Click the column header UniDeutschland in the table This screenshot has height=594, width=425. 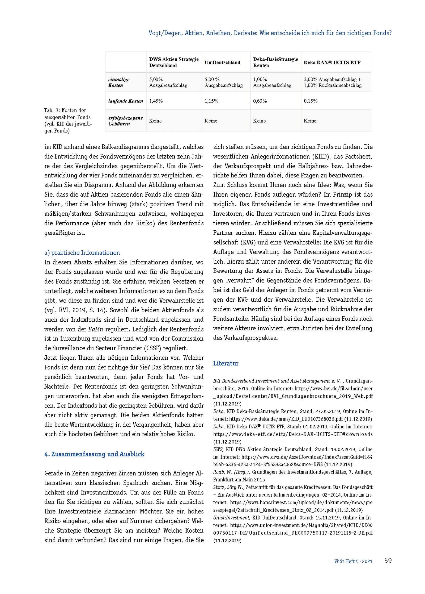click(x=222, y=63)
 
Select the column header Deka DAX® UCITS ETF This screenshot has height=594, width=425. click(x=332, y=63)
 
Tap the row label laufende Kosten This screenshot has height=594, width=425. click(x=125, y=101)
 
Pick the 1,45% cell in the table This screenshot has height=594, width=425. click(x=156, y=101)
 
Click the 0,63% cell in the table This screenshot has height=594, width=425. click(x=260, y=101)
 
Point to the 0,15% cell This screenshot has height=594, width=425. click(x=311, y=101)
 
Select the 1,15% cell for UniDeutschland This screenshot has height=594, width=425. click(x=211, y=101)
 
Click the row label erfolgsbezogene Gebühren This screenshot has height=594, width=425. click(x=125, y=121)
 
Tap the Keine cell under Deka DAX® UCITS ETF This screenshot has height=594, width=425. click(x=310, y=121)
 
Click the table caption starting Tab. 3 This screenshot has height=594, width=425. click(x=68, y=120)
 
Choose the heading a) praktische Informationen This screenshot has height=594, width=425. click(x=82, y=252)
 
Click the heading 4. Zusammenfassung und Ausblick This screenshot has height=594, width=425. click(x=94, y=454)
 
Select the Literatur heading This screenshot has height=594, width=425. click(x=226, y=363)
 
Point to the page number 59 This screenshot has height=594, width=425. click(x=388, y=560)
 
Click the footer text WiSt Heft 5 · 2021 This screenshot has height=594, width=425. click(x=353, y=561)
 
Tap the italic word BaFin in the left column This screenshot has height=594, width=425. click(x=95, y=329)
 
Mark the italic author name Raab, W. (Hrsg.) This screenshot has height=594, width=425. click(x=231, y=472)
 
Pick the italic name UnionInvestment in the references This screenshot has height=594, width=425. click(x=231, y=517)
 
